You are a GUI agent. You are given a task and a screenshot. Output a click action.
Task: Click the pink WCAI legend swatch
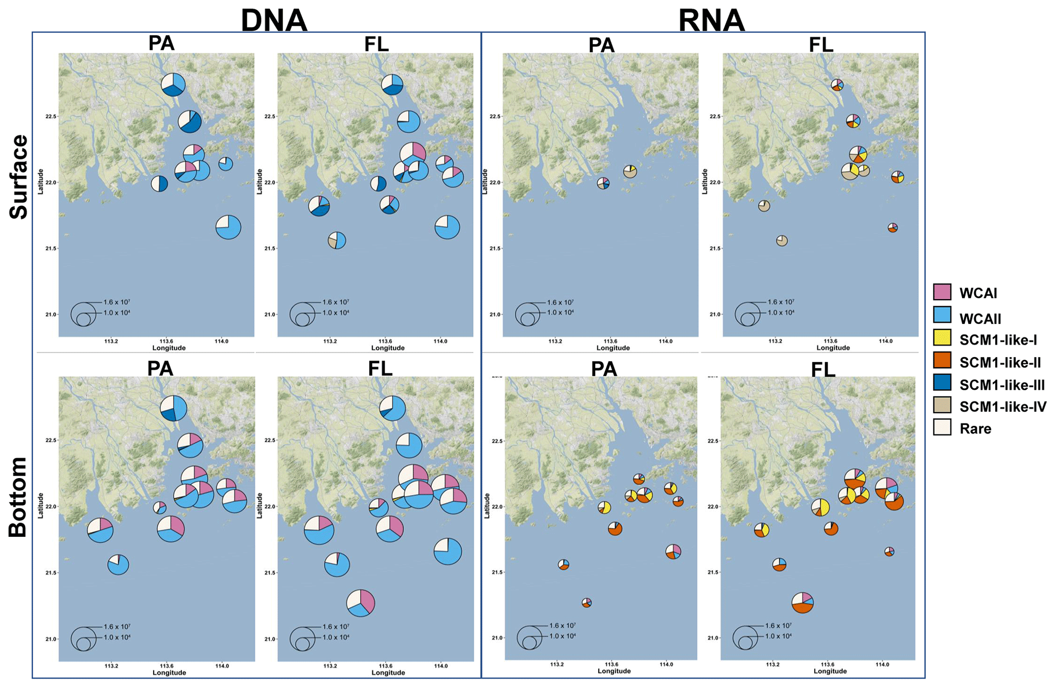[942, 292]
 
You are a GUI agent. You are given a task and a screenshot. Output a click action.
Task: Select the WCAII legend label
[980, 319]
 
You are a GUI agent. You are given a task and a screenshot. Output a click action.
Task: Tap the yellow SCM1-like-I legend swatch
[942, 338]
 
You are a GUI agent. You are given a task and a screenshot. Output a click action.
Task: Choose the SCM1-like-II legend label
[1000, 363]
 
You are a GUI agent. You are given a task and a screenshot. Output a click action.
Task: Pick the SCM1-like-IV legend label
[1002, 407]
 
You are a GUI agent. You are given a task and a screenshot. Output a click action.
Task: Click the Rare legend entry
[975, 429]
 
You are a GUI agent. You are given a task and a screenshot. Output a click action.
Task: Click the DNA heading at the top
[274, 20]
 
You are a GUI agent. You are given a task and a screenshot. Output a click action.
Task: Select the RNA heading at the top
[711, 20]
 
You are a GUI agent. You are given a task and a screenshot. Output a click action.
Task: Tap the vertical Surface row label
[18, 177]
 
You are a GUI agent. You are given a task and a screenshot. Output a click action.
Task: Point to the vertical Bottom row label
[18, 497]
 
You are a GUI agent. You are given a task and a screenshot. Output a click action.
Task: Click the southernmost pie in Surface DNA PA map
[228, 227]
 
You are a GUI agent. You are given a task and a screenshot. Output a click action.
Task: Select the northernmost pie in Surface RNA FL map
[837, 85]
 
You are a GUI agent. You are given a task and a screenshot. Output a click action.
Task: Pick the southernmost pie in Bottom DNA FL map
[361, 603]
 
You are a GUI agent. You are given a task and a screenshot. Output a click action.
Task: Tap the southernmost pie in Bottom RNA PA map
[586, 603]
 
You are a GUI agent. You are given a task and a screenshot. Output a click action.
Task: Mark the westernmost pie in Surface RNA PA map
[603, 183]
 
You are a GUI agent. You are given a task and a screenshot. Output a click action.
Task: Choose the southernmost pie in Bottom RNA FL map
[803, 603]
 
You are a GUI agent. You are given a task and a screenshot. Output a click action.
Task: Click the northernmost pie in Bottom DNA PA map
[174, 408]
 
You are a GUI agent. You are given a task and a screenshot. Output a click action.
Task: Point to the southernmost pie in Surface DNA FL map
[337, 240]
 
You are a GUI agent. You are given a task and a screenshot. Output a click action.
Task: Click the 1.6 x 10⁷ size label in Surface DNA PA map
[117, 302]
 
